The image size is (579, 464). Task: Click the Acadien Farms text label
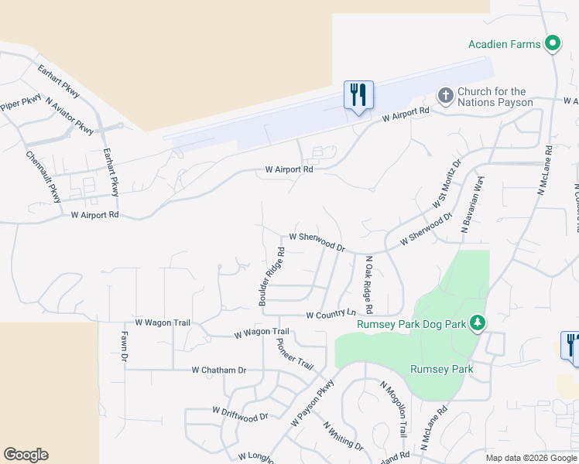click(504, 44)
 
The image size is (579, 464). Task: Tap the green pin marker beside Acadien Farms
click(553, 43)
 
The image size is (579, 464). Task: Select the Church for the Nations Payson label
click(495, 97)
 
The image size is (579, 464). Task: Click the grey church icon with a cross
click(445, 96)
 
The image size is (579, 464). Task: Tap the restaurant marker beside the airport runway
click(358, 95)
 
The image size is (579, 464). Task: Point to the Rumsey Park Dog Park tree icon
click(478, 322)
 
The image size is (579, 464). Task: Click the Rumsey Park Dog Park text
click(411, 324)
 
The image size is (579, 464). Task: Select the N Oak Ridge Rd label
click(369, 285)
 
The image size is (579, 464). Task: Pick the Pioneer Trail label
click(294, 353)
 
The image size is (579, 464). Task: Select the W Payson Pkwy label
click(313, 404)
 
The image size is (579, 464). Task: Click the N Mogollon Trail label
click(393, 408)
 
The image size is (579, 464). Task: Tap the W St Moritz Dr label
click(446, 184)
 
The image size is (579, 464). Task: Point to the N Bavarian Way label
click(472, 205)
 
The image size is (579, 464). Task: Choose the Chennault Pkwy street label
click(43, 177)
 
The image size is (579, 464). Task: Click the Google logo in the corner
click(26, 455)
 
